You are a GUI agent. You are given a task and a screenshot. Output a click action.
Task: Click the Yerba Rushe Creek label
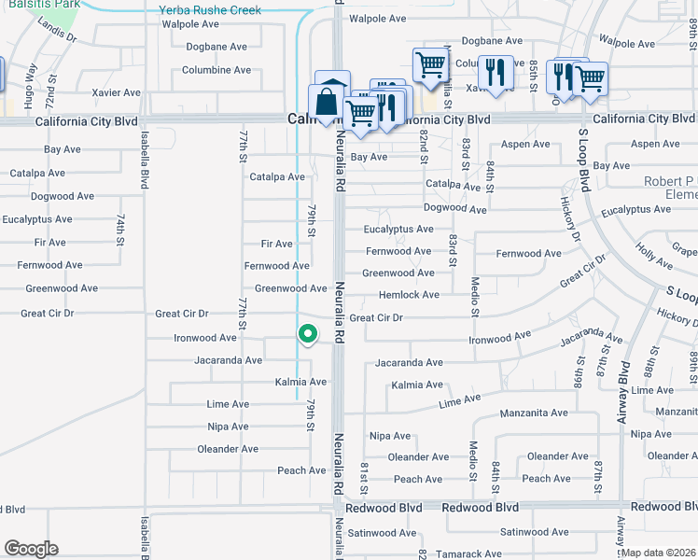coord(210,10)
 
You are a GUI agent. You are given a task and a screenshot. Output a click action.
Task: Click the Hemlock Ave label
coord(409,295)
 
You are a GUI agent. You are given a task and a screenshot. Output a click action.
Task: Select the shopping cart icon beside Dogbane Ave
coord(429,65)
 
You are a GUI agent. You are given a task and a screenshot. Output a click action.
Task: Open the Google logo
coord(31,549)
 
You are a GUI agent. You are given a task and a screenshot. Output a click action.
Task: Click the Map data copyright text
coord(659,553)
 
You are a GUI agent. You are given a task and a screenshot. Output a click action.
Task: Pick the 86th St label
coord(578,371)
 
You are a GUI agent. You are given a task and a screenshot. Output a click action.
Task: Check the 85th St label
coord(533,69)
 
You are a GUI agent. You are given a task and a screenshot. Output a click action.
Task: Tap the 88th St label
coord(692,27)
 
